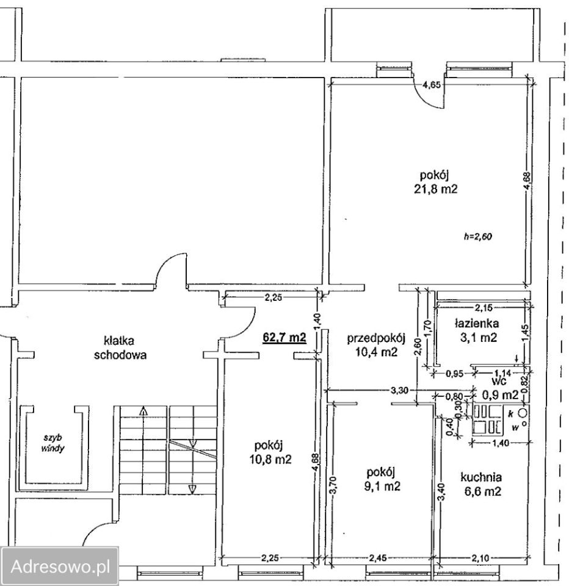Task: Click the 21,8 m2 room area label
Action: coord(436,189)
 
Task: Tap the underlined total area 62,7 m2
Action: coord(285,338)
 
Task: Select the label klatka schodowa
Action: coord(120,347)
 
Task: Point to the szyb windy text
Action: coord(53,443)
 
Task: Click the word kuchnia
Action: coord(481,477)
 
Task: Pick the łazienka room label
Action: coord(477,322)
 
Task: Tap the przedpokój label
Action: coord(377,339)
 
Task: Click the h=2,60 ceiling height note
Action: coord(478,237)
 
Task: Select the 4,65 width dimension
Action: coord(431,85)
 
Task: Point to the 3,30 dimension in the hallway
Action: coord(400,391)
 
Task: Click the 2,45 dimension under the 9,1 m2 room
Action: coord(379,559)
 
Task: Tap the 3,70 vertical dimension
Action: coord(334,485)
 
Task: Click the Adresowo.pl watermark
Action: coord(60,566)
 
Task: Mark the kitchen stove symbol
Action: coord(488,421)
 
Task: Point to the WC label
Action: coord(499,381)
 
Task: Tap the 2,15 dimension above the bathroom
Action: coord(484,308)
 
